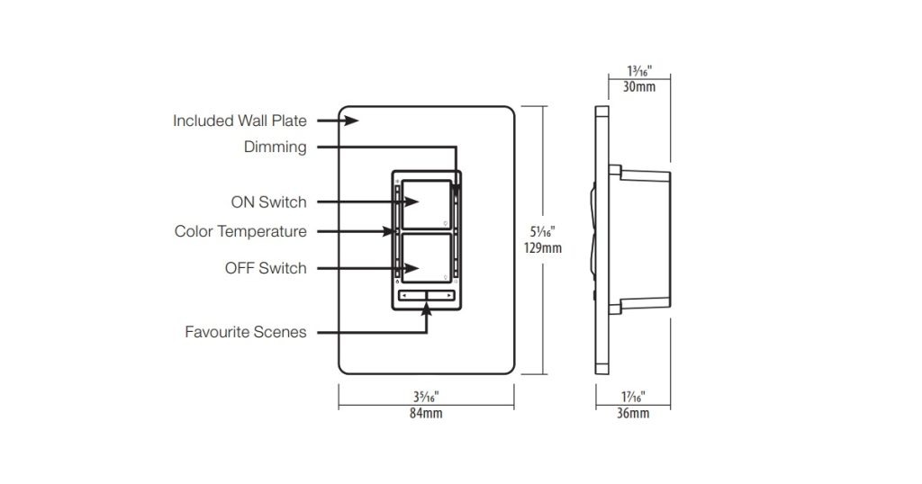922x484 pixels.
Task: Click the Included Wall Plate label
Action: (240, 121)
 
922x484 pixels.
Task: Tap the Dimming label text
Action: (275, 147)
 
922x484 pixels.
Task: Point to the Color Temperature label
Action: (240, 231)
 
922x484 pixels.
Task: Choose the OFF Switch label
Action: (266, 268)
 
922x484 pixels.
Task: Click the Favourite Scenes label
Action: (246, 332)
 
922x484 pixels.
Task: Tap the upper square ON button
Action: (425, 203)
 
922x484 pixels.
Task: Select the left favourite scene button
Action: (412, 295)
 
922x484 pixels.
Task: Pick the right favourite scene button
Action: (440, 295)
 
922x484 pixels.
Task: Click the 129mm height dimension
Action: (546, 247)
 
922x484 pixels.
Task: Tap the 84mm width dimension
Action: (426, 413)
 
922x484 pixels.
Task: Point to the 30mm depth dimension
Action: (639, 87)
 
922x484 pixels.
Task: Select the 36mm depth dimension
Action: (633, 413)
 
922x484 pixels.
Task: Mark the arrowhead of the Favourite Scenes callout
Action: (426, 309)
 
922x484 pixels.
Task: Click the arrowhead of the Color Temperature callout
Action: (393, 231)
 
